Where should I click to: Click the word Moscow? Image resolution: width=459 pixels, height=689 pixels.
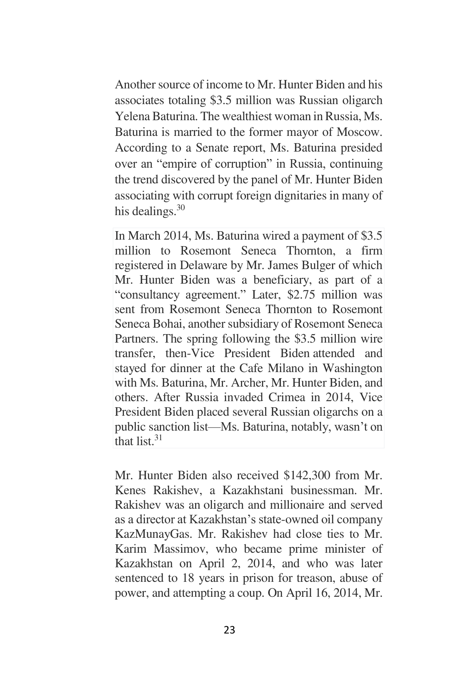tap(359, 132)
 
